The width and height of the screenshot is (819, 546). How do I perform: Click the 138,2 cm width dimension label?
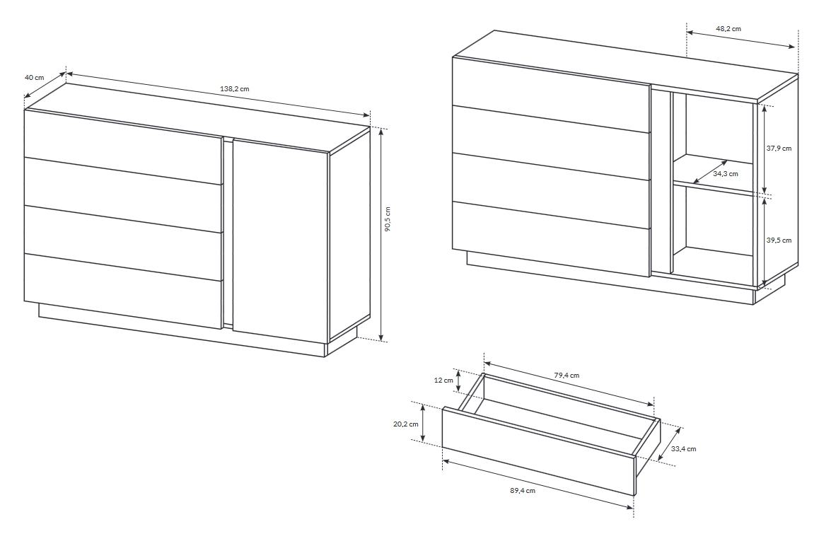235,89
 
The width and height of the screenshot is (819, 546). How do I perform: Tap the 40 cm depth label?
35,77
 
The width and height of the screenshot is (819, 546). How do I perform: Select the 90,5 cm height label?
387,219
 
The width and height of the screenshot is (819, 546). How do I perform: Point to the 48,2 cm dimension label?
728,29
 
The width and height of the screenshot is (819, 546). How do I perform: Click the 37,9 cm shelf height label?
779,148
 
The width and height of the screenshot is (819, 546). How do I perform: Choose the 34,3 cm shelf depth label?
726,173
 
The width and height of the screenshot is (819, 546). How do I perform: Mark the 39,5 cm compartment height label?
779,240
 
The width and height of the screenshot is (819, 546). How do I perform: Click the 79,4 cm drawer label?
567,375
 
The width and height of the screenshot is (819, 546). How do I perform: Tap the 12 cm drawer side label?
443,381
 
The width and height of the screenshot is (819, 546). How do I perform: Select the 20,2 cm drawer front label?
406,424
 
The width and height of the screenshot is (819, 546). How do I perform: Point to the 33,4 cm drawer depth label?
683,449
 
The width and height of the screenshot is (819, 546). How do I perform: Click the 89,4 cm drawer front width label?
523,491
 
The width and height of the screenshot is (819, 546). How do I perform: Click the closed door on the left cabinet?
281,235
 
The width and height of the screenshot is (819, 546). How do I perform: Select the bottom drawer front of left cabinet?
124,291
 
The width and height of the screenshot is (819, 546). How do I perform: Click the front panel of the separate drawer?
538,451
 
